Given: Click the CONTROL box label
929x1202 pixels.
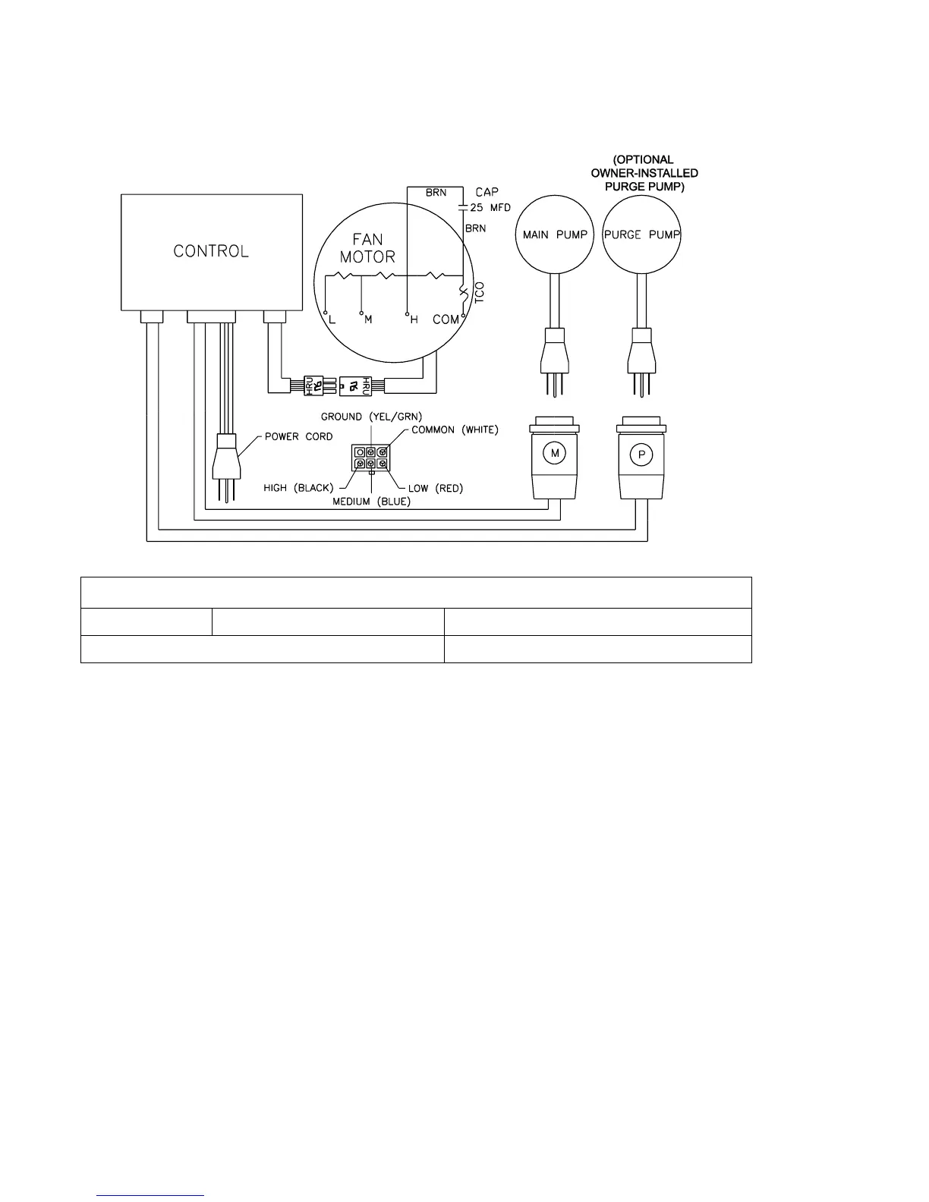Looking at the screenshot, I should (x=211, y=251).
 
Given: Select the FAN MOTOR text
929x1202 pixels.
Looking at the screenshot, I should (x=367, y=248).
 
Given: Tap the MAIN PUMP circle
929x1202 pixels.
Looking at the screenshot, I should (x=554, y=234).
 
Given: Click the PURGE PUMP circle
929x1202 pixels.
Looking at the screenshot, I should (x=642, y=234).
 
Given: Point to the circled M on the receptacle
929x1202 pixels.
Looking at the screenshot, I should (x=555, y=454).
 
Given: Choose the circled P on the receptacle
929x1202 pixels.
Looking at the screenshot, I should (x=642, y=455).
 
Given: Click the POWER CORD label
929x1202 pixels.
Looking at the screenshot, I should (x=298, y=437).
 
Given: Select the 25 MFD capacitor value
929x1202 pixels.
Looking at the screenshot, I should (x=490, y=208).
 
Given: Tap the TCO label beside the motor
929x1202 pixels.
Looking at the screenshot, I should (x=479, y=294).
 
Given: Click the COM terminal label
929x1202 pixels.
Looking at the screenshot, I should (x=446, y=319).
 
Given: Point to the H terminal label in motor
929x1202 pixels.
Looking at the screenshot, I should (x=414, y=320).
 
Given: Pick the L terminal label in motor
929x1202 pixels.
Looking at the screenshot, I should (x=332, y=320).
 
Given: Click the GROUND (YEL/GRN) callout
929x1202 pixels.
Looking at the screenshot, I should (x=371, y=417).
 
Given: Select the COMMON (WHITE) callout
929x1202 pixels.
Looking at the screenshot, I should (x=455, y=430).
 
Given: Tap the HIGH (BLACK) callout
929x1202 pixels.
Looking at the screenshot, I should (x=298, y=488).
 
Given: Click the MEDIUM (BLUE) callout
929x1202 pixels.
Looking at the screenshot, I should (x=371, y=502).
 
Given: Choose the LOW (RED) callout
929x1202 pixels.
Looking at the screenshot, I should (x=435, y=488).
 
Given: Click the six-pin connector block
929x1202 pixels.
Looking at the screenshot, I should (x=370, y=458).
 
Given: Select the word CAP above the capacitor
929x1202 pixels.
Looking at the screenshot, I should (x=487, y=193).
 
